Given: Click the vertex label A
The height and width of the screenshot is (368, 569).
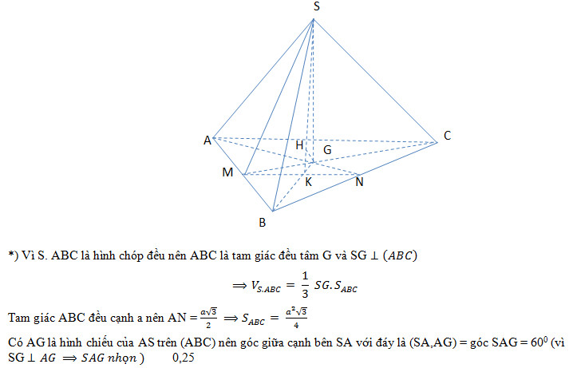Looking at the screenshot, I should [x=207, y=140].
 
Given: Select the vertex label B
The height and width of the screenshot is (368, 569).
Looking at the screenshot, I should [x=262, y=223].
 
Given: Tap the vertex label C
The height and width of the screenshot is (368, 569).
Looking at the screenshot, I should [x=448, y=137].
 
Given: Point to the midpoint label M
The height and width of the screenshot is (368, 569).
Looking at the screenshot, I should [x=228, y=172].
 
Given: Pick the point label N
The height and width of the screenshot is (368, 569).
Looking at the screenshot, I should [x=360, y=182].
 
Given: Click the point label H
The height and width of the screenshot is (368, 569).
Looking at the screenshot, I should [x=299, y=145].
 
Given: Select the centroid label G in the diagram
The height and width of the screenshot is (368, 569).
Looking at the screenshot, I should [x=327, y=149].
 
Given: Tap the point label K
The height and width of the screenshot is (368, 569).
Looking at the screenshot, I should [x=308, y=182].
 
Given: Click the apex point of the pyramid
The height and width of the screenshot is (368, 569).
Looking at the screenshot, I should [x=313, y=19].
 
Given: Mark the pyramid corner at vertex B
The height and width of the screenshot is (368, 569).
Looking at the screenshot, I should [x=273, y=212].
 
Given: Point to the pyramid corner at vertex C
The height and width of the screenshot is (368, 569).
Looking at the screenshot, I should [x=437, y=143].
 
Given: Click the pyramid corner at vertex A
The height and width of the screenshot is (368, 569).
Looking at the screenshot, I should [x=214, y=137].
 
